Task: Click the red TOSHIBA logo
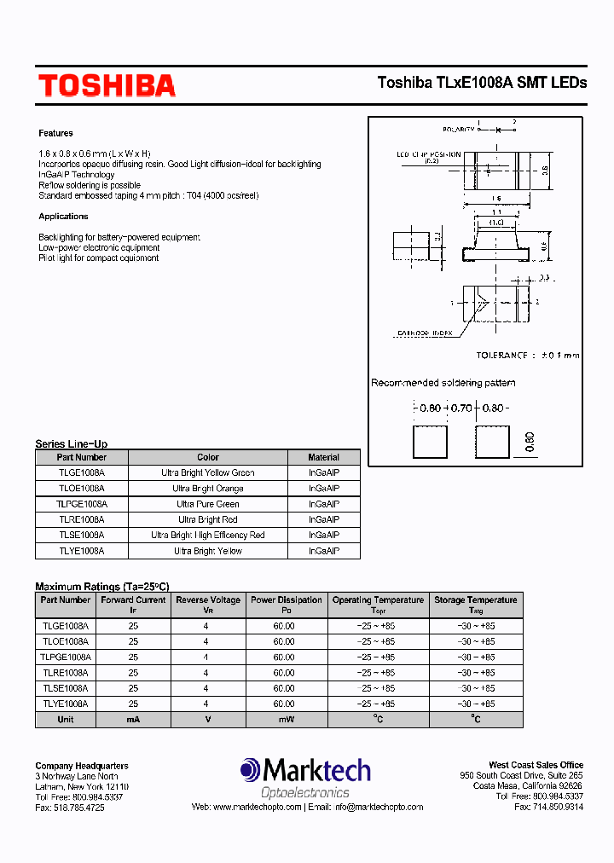(107, 85)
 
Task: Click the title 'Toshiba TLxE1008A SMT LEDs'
(482, 83)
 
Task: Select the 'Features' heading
(55, 133)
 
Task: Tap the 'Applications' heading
(63, 217)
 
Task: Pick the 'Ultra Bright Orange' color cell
(208, 489)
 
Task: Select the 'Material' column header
(323, 457)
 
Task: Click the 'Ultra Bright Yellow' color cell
(208, 551)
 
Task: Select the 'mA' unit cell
(133, 720)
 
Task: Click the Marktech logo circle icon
(251, 770)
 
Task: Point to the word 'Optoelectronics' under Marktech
(304, 792)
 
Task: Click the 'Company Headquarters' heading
(82, 766)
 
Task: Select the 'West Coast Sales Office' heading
(536, 765)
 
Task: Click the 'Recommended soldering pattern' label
(443, 383)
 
